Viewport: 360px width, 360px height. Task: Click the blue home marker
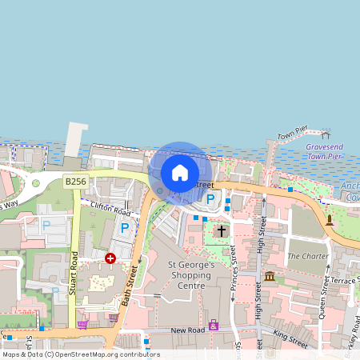click(180, 173)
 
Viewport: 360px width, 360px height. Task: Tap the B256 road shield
click(75, 182)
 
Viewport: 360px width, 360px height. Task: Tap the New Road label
click(188, 329)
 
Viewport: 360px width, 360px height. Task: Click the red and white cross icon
click(110, 258)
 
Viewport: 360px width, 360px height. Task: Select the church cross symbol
click(222, 230)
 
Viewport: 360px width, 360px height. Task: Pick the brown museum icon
click(269, 276)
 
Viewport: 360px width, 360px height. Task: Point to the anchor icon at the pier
click(326, 134)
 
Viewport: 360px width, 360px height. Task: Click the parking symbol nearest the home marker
click(210, 198)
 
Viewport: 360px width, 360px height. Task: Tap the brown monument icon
click(329, 219)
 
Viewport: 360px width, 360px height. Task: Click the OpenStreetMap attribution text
click(80, 354)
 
